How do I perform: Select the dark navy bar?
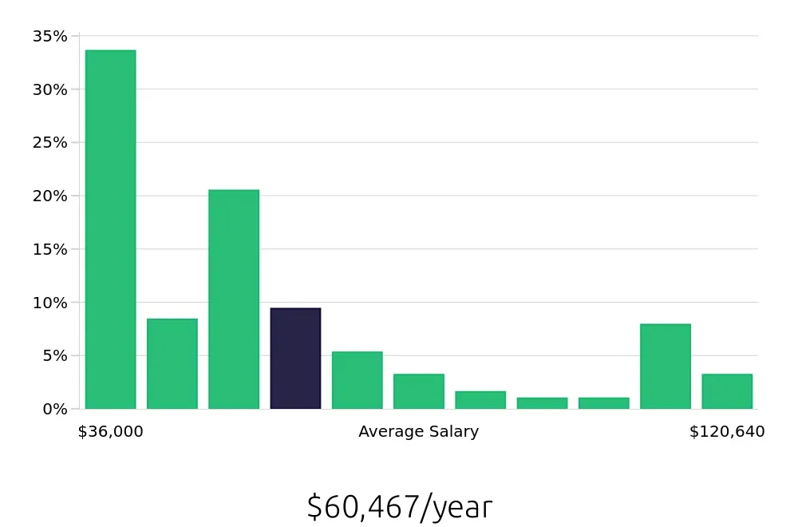pyautogui.click(x=295, y=359)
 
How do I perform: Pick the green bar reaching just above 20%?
pyautogui.click(x=234, y=299)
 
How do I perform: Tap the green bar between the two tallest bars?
pyautogui.click(x=172, y=364)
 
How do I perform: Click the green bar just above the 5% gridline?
pyautogui.click(x=357, y=380)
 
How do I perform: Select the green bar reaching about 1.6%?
pyautogui.click(x=480, y=400)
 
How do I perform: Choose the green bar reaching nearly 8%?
pyautogui.click(x=665, y=367)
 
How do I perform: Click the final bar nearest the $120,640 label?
pyautogui.click(x=727, y=391)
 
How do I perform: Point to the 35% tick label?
pyautogui.click(x=49, y=36)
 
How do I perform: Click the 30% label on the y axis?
pyautogui.click(x=49, y=89)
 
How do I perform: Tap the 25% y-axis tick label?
pyautogui.click(x=49, y=142)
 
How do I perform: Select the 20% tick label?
pyautogui.click(x=49, y=196)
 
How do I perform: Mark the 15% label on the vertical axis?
pyautogui.click(x=49, y=249)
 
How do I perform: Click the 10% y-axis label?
pyautogui.click(x=49, y=302)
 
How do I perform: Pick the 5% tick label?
pyautogui.click(x=53, y=355)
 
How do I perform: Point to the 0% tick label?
pyautogui.click(x=53, y=409)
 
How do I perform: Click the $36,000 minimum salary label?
pyautogui.click(x=110, y=432)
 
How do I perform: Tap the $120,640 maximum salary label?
pyautogui.click(x=727, y=432)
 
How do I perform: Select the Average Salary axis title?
pyautogui.click(x=418, y=432)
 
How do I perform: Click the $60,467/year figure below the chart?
pyautogui.click(x=399, y=507)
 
